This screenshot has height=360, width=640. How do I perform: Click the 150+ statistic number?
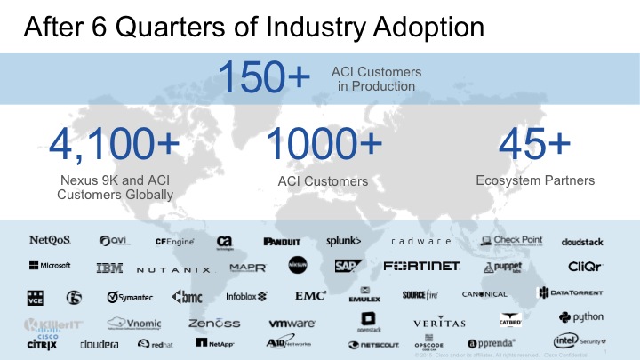click(x=264, y=77)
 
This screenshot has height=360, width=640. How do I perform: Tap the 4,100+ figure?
click(x=114, y=146)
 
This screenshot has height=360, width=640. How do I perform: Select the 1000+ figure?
click(x=324, y=146)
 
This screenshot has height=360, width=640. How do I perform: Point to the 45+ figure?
click(x=534, y=145)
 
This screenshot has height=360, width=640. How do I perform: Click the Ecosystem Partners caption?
click(x=534, y=180)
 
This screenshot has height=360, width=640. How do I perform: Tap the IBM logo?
click(x=109, y=268)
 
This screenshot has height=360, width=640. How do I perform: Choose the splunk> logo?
click(x=344, y=240)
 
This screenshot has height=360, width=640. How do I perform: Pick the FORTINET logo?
click(x=421, y=266)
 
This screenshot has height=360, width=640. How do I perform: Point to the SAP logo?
click(x=346, y=266)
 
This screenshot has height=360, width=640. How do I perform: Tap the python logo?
click(x=581, y=316)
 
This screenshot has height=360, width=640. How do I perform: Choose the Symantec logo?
click(x=130, y=296)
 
